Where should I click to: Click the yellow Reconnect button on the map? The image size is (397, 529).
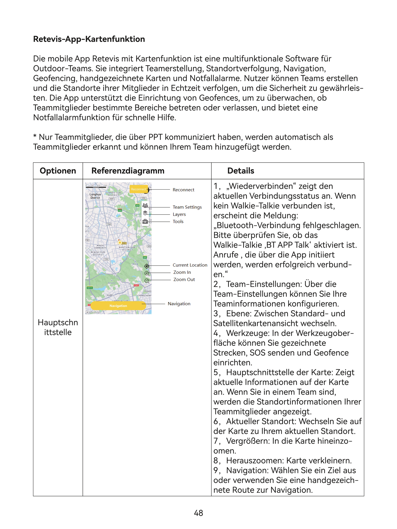pos(139,189)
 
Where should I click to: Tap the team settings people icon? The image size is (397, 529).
pos(145,206)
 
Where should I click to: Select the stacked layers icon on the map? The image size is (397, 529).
pos(145,213)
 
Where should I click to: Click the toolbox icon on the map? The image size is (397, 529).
pos(145,222)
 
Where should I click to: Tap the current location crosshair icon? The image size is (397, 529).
pos(147,266)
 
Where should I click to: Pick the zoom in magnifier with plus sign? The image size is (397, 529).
pos(147,273)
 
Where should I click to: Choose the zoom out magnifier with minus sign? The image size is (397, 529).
pos(147,281)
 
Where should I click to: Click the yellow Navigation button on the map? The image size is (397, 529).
pos(118,306)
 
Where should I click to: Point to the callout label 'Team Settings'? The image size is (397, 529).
pos(187,207)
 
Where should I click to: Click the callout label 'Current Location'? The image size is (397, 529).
pos(190,265)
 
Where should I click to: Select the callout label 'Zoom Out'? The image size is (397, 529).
pos(184,279)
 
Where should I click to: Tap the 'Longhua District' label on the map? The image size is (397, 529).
pos(95,196)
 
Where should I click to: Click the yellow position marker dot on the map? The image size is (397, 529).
pos(120,243)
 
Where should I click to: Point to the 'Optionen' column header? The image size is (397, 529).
pos(58,171)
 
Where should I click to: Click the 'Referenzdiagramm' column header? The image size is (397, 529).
pos(128,171)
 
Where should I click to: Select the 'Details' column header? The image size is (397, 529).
pos(241,171)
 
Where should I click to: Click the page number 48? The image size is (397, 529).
pos(198,513)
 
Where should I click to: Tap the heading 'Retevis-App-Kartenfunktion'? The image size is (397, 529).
pos(89,39)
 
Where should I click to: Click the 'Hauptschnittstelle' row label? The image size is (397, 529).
pos(58,327)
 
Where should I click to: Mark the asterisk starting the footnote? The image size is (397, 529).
pos(35,136)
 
